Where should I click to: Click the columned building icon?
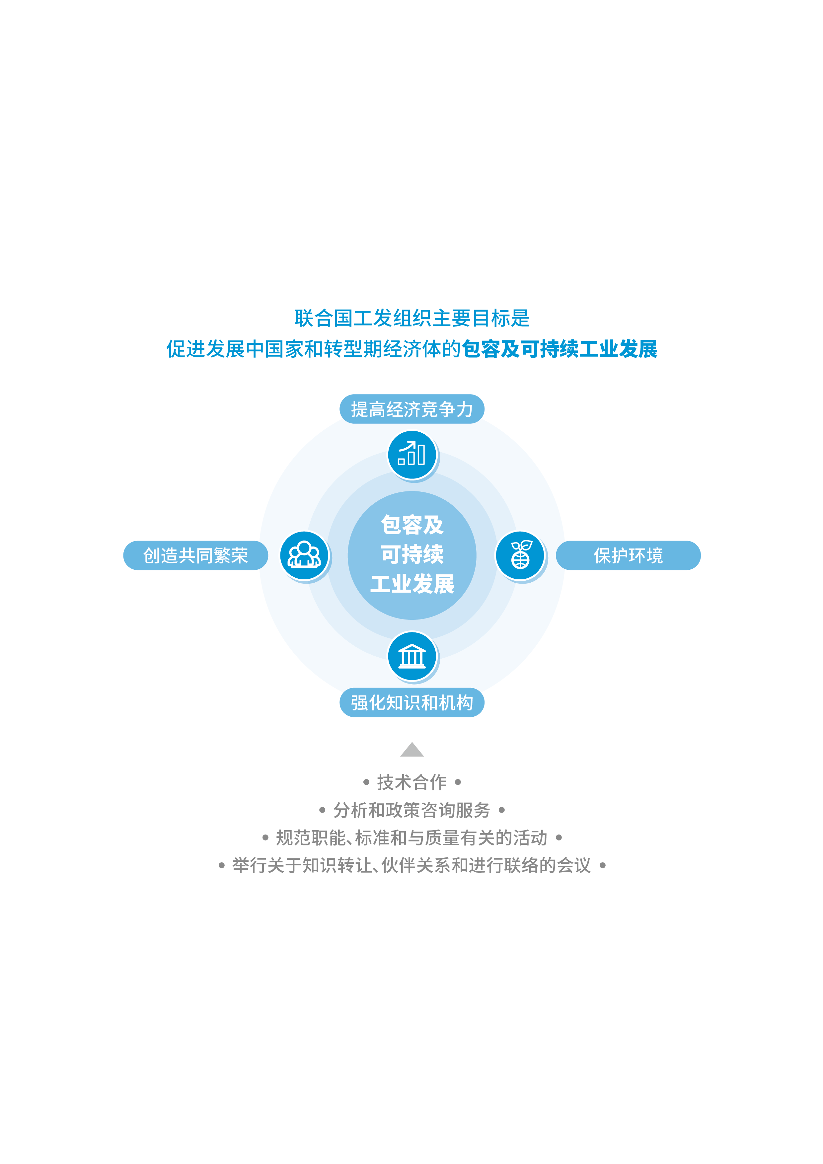(412, 656)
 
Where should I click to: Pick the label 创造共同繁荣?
(196, 556)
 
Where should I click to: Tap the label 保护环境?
(628, 556)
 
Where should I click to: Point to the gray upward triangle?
(412, 750)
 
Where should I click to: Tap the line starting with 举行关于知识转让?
(412, 865)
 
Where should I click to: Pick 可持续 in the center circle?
(412, 554)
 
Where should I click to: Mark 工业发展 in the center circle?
(412, 584)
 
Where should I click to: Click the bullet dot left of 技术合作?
(366, 782)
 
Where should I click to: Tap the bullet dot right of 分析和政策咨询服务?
(501, 810)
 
